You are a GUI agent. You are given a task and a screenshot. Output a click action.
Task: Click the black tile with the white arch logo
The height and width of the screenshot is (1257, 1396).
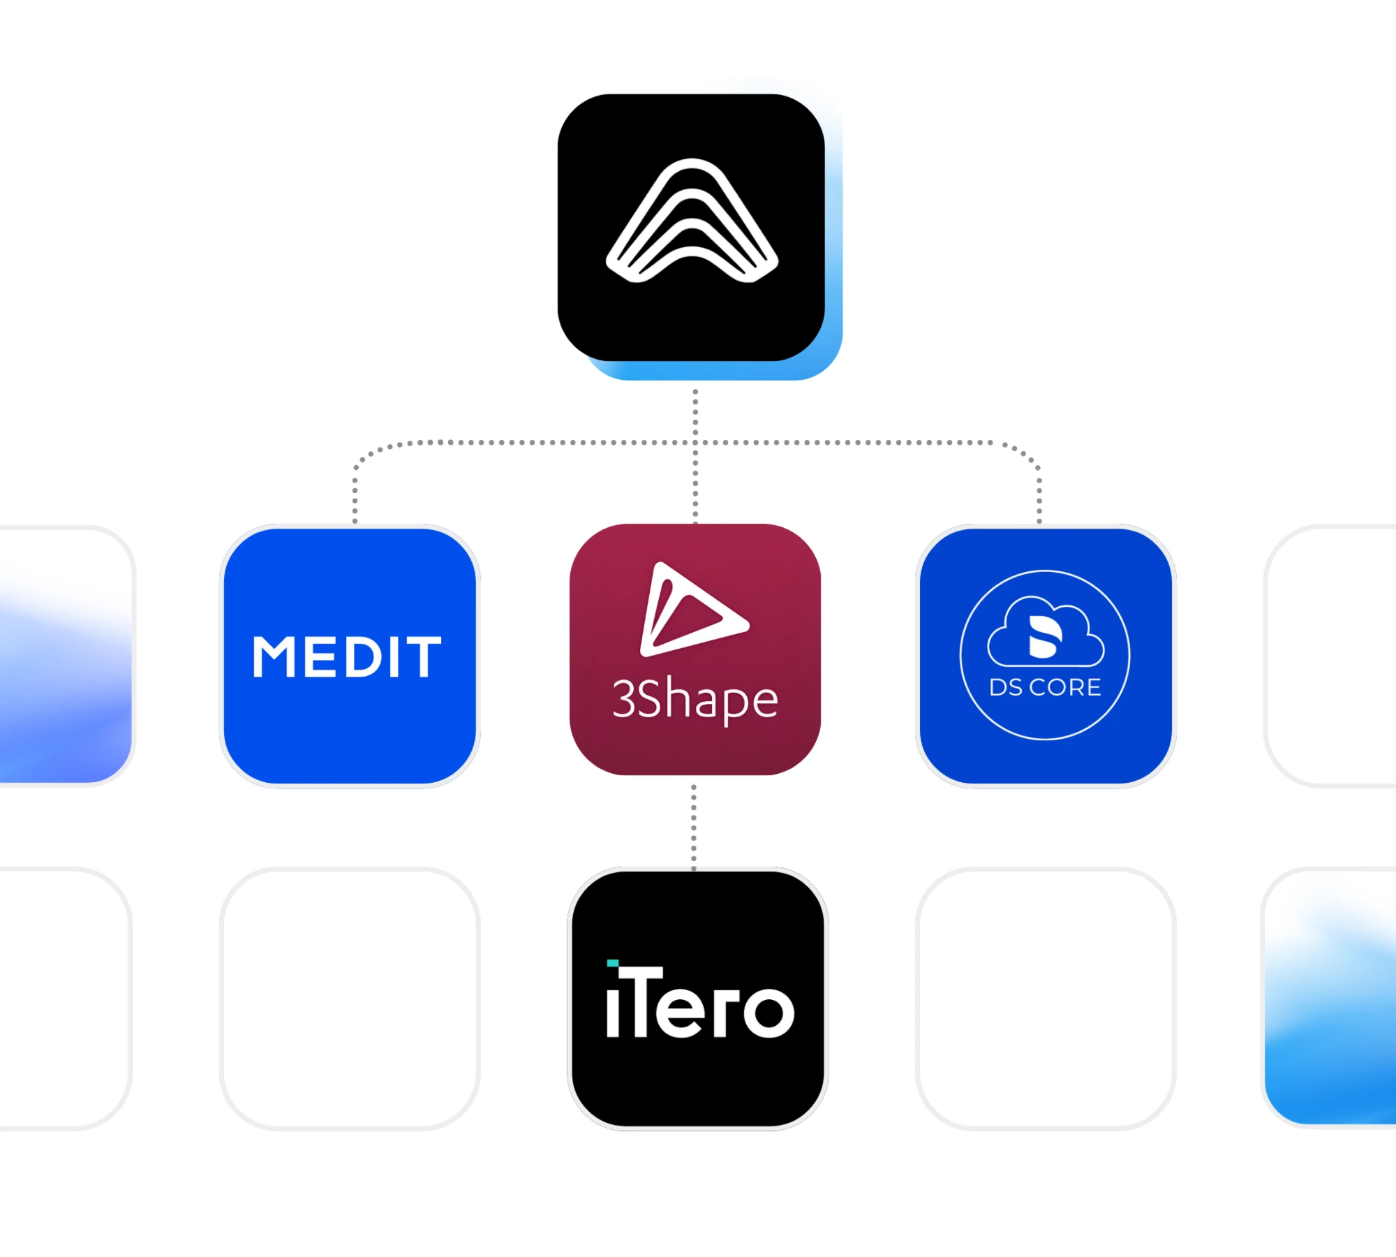[x=691, y=228]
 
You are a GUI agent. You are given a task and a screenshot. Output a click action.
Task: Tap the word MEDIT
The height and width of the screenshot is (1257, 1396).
[x=347, y=656]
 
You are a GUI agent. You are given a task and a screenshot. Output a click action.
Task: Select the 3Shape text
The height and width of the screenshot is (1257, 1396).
[x=695, y=699]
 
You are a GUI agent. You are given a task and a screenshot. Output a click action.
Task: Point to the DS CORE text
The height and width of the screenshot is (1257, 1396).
[x=1045, y=687]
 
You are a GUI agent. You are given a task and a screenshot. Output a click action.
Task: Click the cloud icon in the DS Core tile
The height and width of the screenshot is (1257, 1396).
[x=1046, y=631]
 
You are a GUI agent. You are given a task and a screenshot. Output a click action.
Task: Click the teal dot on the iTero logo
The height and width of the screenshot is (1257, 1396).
[x=612, y=963]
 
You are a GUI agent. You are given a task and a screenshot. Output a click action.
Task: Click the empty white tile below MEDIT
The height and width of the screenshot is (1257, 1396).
[x=350, y=998]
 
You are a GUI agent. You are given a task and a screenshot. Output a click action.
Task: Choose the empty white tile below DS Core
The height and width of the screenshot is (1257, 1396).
[x=1046, y=998]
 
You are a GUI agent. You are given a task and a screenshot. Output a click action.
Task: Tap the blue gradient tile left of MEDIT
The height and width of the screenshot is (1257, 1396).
[x=66, y=656]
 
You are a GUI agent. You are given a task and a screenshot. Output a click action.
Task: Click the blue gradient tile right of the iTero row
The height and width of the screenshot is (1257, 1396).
[x=1329, y=998]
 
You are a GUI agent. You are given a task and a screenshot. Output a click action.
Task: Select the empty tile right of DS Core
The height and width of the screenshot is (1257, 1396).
[x=1329, y=656]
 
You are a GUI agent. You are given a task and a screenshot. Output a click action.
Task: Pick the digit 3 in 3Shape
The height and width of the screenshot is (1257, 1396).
[x=623, y=699]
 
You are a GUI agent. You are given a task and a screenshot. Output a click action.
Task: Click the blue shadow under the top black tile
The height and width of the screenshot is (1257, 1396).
[x=712, y=370]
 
